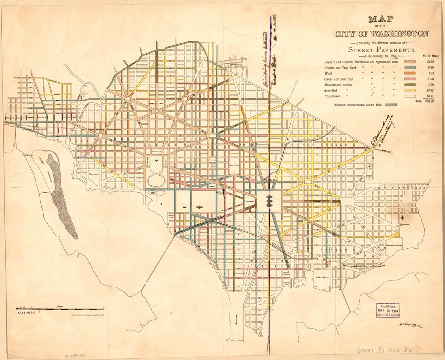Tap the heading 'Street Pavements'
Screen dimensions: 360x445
point(382,50)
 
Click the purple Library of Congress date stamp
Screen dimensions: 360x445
point(388,311)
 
